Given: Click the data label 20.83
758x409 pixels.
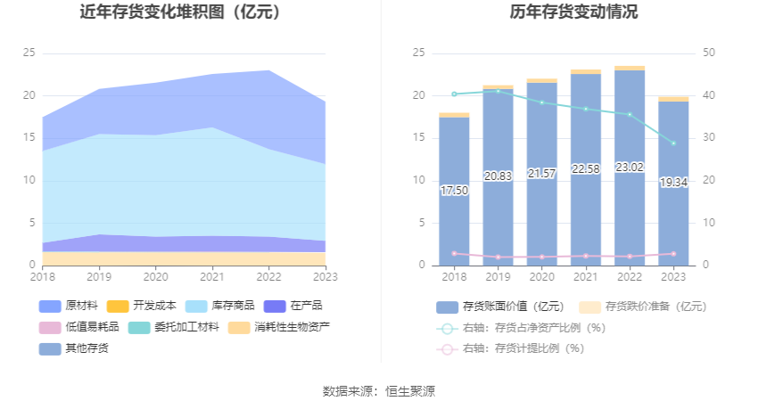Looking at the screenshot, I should (498, 176).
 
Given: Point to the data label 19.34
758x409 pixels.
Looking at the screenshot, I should (673, 183).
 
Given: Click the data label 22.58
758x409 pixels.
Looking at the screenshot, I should (586, 169).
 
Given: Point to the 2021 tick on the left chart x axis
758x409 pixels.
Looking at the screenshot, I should (212, 276).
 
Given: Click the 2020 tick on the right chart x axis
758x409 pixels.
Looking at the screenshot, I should (541, 276).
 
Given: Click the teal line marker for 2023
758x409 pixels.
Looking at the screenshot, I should (673, 143).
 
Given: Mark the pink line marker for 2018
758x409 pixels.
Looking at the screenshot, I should (454, 253).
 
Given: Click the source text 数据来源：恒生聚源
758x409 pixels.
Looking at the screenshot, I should (379, 391).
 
